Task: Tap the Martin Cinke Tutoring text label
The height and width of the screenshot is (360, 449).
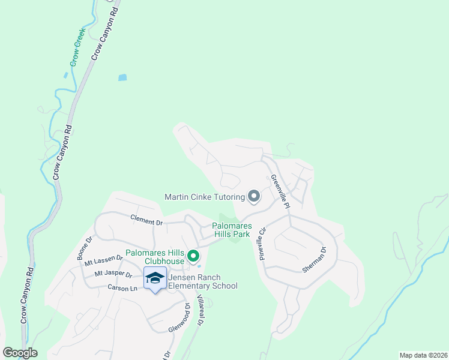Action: click(205, 197)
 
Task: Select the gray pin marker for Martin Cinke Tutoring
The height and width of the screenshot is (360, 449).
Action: click(254, 196)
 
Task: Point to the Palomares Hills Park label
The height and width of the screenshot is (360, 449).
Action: click(231, 230)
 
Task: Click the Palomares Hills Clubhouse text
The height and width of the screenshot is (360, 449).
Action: click(155, 257)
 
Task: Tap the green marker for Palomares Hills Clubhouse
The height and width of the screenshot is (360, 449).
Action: click(193, 257)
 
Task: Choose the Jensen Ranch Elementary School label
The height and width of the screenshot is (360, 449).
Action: click(203, 281)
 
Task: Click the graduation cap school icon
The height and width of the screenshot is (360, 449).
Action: click(155, 278)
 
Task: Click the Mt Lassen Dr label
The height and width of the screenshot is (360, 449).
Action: click(103, 260)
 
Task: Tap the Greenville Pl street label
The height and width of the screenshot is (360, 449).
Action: click(280, 191)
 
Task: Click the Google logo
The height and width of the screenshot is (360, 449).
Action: click(20, 353)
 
